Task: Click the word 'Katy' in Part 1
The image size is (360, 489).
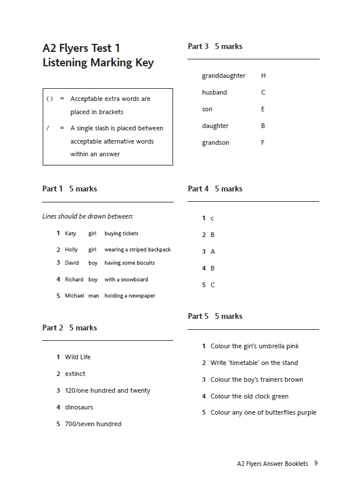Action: (70, 234)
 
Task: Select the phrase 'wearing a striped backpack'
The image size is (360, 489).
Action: (137, 250)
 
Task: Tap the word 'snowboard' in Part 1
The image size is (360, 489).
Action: (134, 280)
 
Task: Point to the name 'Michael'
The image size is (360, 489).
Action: (74, 296)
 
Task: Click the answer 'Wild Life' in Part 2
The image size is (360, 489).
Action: (78, 357)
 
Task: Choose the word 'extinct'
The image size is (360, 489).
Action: (76, 374)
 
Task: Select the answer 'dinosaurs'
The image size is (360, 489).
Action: (79, 407)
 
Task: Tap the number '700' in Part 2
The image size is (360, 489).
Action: (70, 424)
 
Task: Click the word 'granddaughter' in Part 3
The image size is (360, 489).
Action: (223, 76)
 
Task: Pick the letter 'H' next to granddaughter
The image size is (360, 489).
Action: (264, 76)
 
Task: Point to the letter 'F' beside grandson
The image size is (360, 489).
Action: (263, 142)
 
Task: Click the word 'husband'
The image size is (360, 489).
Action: (214, 92)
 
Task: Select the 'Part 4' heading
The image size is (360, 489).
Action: (198, 189)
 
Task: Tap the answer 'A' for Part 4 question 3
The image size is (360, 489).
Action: (213, 251)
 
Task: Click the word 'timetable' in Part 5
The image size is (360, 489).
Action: (247, 363)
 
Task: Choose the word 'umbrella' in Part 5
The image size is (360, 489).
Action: (273, 346)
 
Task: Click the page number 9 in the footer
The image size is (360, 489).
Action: (316, 464)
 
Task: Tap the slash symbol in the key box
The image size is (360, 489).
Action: (48, 128)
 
